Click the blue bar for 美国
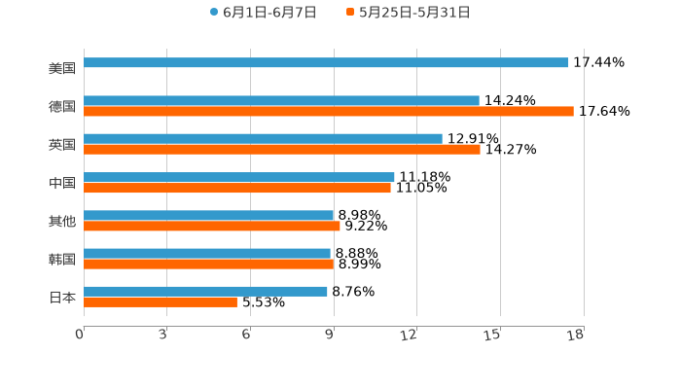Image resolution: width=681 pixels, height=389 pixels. click(x=326, y=63)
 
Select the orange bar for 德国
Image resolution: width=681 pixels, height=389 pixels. click(x=329, y=112)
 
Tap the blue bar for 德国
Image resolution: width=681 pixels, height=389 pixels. click(x=281, y=101)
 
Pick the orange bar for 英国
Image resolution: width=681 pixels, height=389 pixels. click(x=282, y=150)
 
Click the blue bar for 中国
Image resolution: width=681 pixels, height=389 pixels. click(x=239, y=177)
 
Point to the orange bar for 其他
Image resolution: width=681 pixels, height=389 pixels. click(x=212, y=226)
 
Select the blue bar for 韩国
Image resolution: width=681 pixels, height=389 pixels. click(x=207, y=253)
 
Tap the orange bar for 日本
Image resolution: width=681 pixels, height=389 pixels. click(x=161, y=301)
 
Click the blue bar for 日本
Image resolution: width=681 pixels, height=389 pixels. click(x=205, y=291)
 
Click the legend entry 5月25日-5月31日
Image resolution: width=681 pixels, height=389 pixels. click(x=414, y=13)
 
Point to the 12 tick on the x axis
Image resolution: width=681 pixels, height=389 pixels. click(x=410, y=336)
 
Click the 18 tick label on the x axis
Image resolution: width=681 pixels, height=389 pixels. click(x=576, y=336)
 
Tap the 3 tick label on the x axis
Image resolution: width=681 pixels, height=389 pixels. click(x=163, y=336)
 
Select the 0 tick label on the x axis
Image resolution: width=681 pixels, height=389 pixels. click(x=80, y=336)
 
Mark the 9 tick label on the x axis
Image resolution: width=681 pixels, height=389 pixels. click(x=330, y=336)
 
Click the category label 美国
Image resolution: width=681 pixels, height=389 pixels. click(x=62, y=68)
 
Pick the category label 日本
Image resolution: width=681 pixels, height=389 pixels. click(x=62, y=297)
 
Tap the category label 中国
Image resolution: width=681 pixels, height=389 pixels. click(x=62, y=183)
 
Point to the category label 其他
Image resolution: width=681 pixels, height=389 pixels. click(x=62, y=221)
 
